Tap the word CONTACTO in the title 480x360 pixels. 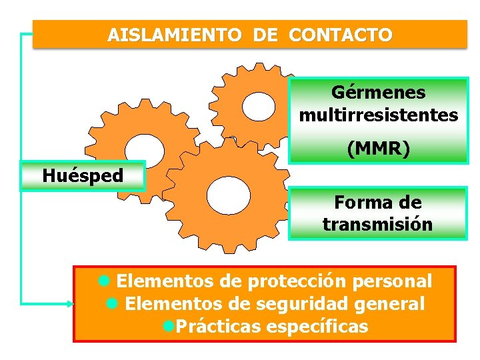[x=341, y=35]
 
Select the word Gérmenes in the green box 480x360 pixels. [x=379, y=92]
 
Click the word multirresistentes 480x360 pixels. [x=379, y=115]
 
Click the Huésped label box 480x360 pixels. [x=83, y=176]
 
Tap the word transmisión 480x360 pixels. [x=378, y=224]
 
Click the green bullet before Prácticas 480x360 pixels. [x=168, y=327]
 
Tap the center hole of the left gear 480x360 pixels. [x=145, y=149]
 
